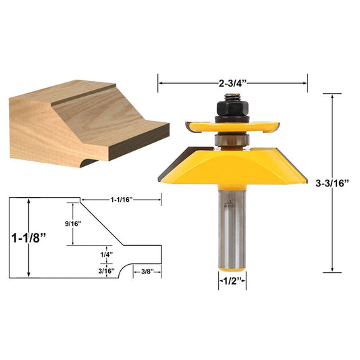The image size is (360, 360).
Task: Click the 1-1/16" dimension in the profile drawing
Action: pyautogui.click(x=122, y=199)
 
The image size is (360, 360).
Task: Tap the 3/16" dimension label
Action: pyautogui.click(x=105, y=270)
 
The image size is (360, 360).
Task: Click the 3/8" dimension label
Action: pyautogui.click(x=148, y=271)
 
